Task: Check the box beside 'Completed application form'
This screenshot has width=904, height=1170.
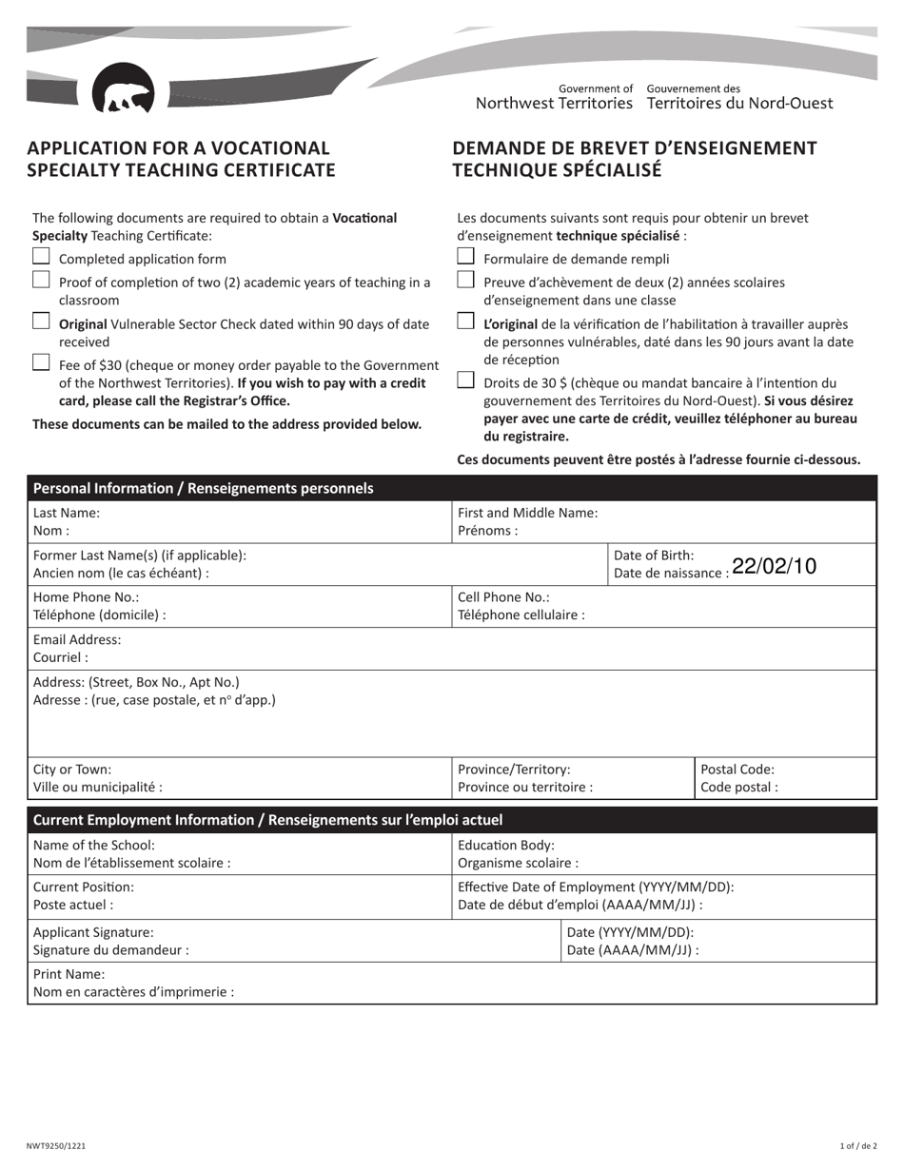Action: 41,256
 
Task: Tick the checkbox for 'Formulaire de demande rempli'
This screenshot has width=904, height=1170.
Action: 465,256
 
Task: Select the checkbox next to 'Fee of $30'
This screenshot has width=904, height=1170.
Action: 41,361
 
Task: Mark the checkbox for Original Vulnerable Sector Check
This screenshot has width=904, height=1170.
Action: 41,322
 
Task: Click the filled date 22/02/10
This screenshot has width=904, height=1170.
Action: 775,566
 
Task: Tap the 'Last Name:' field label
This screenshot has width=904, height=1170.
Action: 66,513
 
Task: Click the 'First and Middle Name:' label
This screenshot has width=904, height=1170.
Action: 528,513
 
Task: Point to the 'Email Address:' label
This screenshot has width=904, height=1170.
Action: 77,640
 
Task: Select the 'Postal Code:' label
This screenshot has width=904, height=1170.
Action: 737,770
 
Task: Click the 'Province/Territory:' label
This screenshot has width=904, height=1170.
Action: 514,770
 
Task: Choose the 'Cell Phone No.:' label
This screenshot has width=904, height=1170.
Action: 503,597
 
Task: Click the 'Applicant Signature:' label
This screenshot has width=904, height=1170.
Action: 93,932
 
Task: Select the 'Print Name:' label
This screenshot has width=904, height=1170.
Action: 69,974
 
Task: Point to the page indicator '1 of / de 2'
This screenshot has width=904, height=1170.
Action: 858,1147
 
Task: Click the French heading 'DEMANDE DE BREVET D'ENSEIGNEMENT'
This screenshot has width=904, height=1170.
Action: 635,148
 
